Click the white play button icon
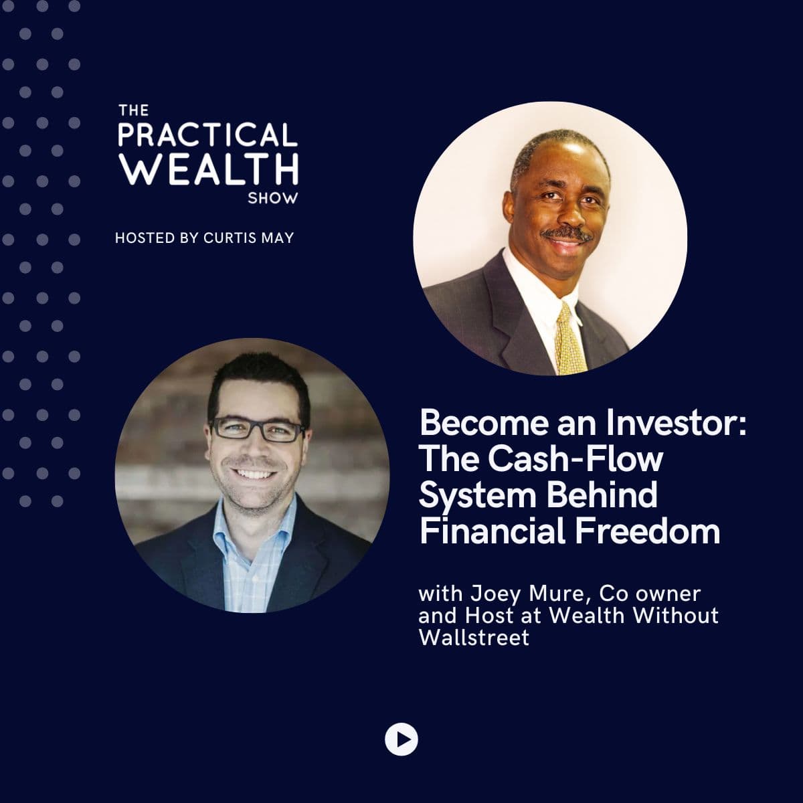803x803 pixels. pyautogui.click(x=401, y=739)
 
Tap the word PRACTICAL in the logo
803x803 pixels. pyautogui.click(x=207, y=135)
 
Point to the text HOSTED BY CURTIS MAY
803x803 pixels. pyautogui.click(x=204, y=238)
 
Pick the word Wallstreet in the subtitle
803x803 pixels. pyautogui.click(x=474, y=638)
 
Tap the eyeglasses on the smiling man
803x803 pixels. pyautogui.click(x=258, y=429)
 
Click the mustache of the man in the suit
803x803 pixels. pyautogui.click(x=567, y=234)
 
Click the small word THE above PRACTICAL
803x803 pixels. pyautogui.click(x=128, y=110)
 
